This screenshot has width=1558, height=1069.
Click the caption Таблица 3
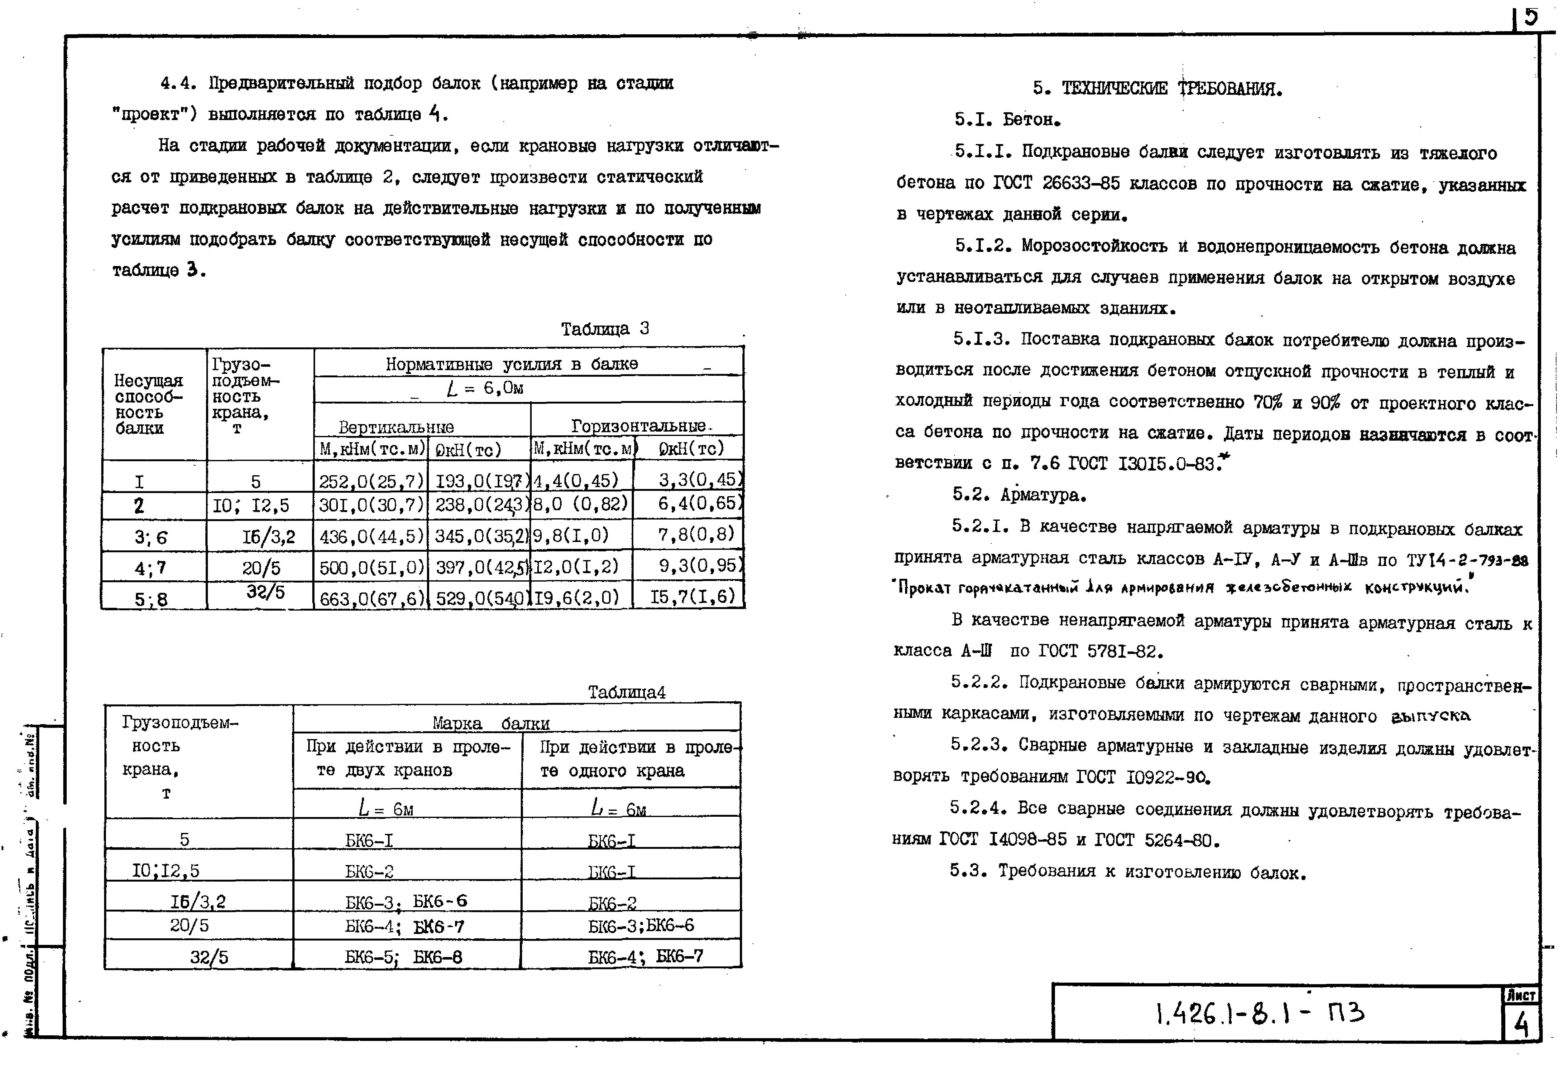click(605, 329)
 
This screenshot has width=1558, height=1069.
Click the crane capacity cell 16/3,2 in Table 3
click(268, 536)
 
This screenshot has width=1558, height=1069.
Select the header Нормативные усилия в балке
click(511, 364)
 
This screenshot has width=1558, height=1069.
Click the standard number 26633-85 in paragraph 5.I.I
click(1081, 183)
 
